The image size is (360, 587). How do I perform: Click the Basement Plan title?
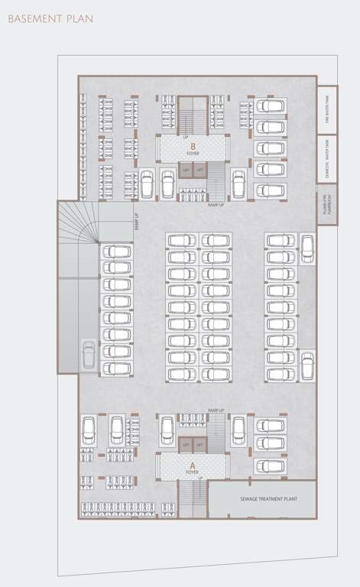50,18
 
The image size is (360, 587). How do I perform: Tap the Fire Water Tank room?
326,109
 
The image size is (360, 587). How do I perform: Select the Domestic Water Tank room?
326,158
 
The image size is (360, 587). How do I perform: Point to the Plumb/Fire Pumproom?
326,205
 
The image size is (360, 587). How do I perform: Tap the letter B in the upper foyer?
193,145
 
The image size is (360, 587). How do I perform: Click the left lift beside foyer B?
186,169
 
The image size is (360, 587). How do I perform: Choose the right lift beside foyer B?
200,169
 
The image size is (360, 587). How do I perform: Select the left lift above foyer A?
186,444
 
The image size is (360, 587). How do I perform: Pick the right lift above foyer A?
200,444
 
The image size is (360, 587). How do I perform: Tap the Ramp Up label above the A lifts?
216,410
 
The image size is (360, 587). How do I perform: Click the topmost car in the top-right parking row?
271,105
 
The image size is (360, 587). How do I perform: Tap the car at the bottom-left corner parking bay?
89,428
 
